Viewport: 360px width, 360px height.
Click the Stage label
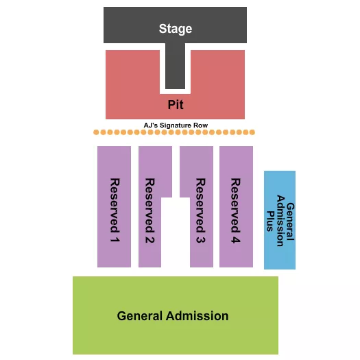[176, 29]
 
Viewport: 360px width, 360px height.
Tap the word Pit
[176, 105]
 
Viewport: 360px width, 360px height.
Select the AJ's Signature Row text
[176, 125]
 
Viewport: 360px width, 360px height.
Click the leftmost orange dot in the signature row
[97, 132]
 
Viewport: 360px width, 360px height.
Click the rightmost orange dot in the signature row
[253, 132]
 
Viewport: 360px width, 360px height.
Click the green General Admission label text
[173, 316]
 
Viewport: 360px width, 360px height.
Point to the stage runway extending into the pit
[176, 69]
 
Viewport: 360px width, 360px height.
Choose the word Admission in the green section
[198, 316]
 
